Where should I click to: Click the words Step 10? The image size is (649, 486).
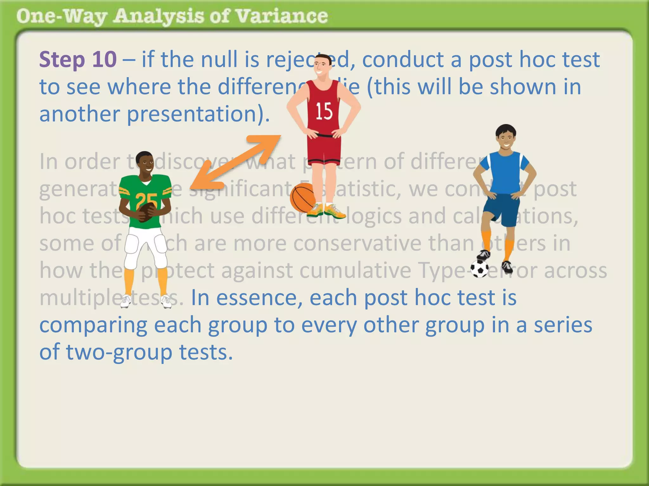coord(78,59)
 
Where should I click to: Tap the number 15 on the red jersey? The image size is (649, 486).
coord(324,111)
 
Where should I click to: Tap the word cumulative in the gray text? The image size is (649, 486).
coord(355,271)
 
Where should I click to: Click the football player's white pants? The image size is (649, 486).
coord(146,247)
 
